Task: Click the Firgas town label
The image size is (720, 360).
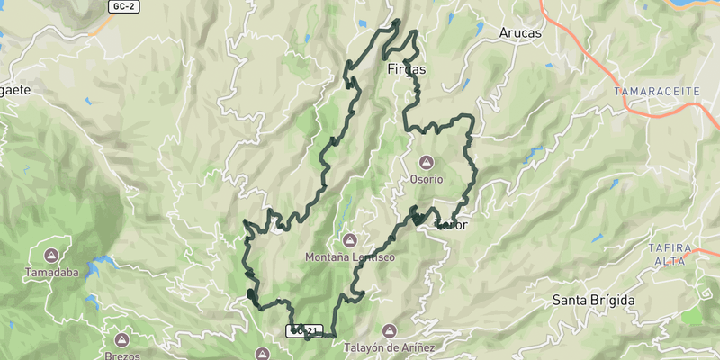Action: (406, 69)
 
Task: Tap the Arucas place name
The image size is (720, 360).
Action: (519, 33)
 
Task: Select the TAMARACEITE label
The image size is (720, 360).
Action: (649, 92)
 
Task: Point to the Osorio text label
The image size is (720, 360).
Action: (427, 179)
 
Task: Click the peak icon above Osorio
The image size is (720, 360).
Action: (427, 162)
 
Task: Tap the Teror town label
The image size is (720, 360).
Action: (451, 225)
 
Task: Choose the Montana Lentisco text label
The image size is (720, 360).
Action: (350, 257)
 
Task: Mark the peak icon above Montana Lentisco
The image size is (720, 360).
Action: (350, 240)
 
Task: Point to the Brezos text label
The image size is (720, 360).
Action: (122, 356)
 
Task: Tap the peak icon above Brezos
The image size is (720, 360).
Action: (122, 340)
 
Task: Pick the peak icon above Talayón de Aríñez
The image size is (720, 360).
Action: (390, 330)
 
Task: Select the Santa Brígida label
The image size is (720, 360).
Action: (594, 300)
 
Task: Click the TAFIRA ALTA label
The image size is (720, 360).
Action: (668, 254)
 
